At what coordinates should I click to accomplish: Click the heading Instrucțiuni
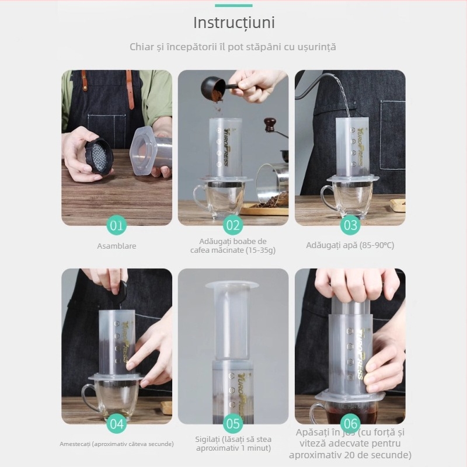(233, 23)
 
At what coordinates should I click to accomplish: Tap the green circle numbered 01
(117, 225)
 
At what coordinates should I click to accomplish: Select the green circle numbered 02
(233, 225)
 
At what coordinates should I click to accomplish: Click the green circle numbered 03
(350, 225)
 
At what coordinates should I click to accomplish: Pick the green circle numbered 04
(117, 424)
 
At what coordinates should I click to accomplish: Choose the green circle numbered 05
(233, 424)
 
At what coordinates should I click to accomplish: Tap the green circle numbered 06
(350, 424)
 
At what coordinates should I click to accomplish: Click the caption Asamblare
(117, 246)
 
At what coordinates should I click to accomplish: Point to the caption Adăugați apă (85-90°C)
(350, 245)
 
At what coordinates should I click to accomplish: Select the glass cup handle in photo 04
(88, 397)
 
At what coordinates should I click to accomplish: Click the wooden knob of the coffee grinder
(269, 124)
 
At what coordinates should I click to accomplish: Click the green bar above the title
(233, 5)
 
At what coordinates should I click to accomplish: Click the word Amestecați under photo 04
(74, 444)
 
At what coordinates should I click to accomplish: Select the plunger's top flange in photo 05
(232, 285)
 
